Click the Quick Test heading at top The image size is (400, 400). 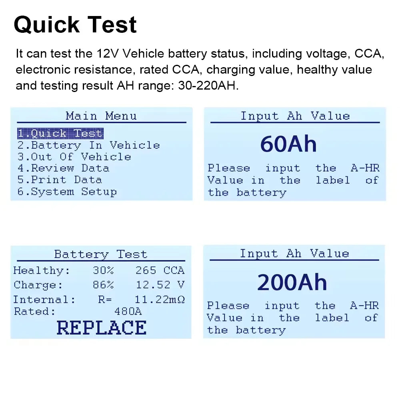click(75, 25)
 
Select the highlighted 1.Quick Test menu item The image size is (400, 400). click(60, 134)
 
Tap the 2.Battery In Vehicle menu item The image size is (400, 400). click(88, 145)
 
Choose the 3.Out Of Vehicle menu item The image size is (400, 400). click(74, 157)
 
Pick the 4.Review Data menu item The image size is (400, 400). click(63, 168)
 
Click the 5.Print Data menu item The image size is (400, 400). click(60, 180)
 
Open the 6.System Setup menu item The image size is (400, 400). click(67, 192)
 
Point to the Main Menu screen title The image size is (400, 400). click(101, 116)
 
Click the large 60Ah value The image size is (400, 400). click(288, 144)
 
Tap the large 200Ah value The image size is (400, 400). click(292, 282)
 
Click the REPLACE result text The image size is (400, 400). click(102, 328)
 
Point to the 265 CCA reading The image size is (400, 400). click(160, 271)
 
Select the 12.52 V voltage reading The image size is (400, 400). click(160, 285)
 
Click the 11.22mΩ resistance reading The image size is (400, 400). click(160, 300)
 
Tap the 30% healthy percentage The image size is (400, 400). click(103, 271)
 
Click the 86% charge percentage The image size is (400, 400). click(103, 285)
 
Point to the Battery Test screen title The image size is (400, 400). click(101, 254)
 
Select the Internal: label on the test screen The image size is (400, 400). click(44, 300)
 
